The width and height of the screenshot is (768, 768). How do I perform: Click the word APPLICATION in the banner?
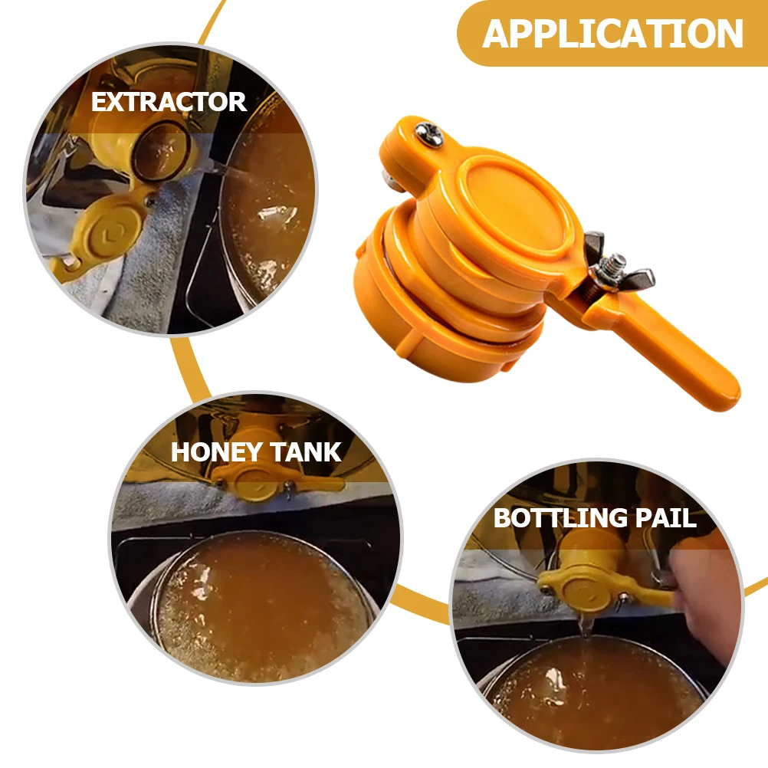(x=613, y=34)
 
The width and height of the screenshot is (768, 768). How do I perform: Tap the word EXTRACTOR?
(x=169, y=102)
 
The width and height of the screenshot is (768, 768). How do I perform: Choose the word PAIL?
(x=662, y=518)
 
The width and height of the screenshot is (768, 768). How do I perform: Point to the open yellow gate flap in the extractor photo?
(x=103, y=230)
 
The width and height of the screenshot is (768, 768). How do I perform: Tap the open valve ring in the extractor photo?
(x=161, y=149)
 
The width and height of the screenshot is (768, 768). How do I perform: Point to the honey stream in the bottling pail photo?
(x=586, y=625)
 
